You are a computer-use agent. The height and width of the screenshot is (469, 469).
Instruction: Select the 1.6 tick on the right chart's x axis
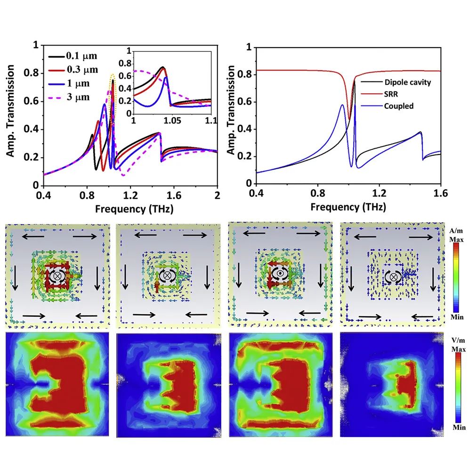[x=440, y=194]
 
